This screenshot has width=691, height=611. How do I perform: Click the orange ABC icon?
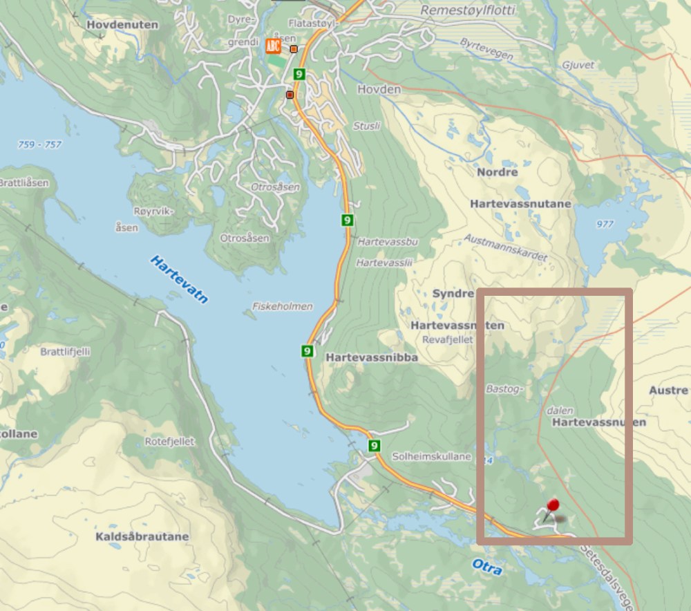[273, 47]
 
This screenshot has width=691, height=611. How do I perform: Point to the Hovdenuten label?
[122, 25]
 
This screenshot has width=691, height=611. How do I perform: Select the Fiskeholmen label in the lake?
[283, 306]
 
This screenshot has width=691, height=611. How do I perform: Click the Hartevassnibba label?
[372, 357]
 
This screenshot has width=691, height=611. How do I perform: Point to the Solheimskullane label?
[431, 456]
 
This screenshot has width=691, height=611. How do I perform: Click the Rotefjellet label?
[170, 441]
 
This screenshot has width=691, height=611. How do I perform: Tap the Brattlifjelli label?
[65, 351]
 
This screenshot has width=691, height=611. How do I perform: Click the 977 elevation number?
[604, 223]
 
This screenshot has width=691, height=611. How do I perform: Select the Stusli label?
[366, 126]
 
